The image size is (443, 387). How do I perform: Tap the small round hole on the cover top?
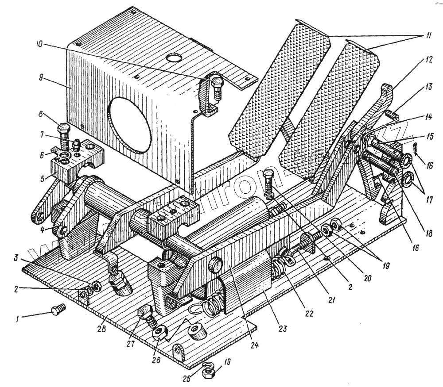(175, 58)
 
